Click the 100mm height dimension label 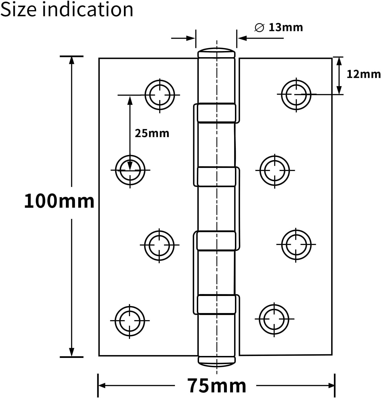point(59,201)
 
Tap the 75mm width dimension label point(216,386)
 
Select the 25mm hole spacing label point(152,133)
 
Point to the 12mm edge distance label point(364,74)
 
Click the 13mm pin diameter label point(286,27)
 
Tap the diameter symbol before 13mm point(259,27)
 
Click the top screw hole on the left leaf point(160,95)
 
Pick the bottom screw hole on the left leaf point(130,320)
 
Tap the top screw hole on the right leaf point(296,94)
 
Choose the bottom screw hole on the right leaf point(274,319)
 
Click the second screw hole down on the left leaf point(130,170)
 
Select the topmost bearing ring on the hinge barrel point(216,113)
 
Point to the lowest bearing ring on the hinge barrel point(216,304)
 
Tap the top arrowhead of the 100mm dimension point(72,60)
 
